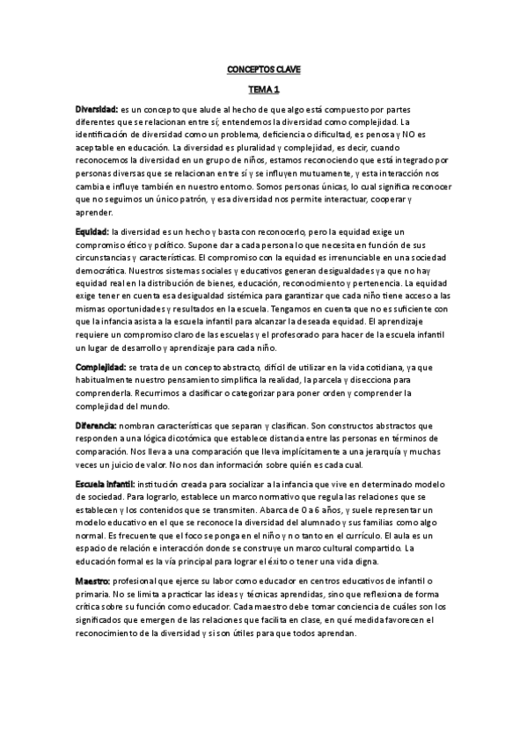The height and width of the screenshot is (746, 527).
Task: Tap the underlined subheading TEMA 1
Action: pos(263,90)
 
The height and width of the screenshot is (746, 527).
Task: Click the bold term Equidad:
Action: pos(91,231)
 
